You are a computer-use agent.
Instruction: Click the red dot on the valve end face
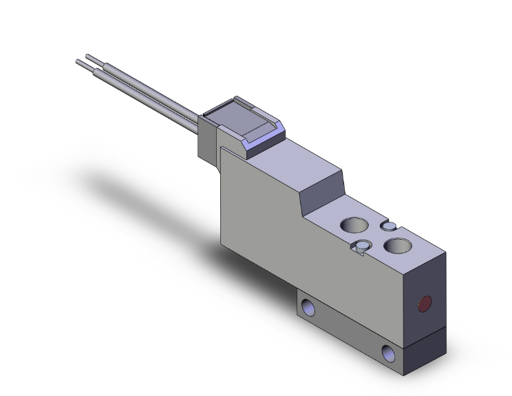click(x=425, y=302)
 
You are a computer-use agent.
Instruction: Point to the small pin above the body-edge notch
click(x=362, y=244)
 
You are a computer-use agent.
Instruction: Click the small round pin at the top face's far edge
click(x=388, y=226)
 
